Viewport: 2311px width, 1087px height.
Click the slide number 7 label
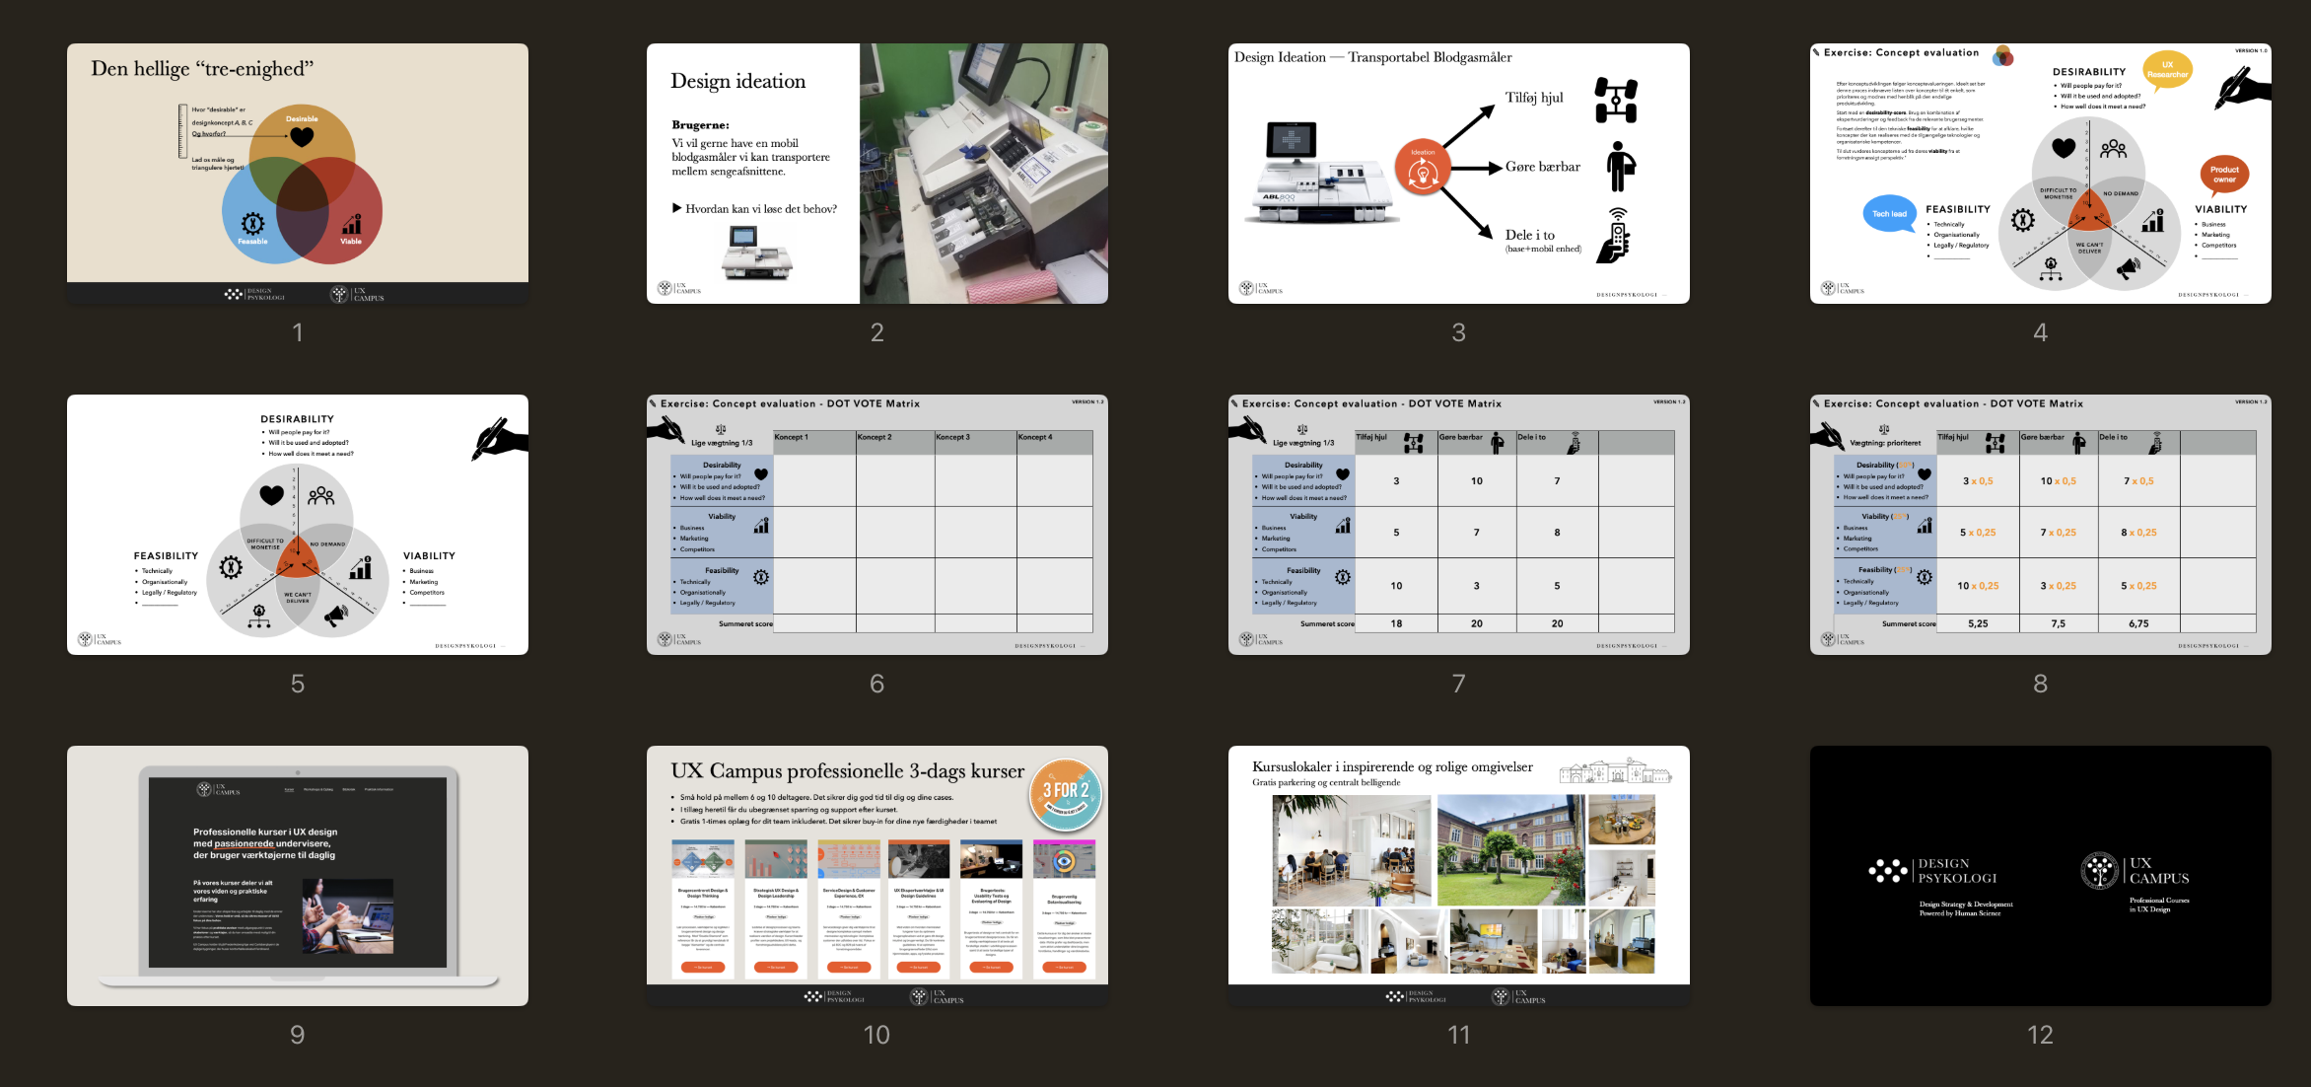click(x=1458, y=684)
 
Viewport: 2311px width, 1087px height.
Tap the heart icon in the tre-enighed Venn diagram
click(x=302, y=137)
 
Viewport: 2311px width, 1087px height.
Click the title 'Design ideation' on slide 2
click(x=737, y=81)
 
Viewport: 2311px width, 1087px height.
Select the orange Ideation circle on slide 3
click(x=1422, y=167)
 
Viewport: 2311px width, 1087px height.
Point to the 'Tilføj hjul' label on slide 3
click(x=1533, y=98)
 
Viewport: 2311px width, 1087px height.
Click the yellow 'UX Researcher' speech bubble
click(x=2166, y=70)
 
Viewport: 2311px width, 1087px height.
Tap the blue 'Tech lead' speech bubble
click(x=1889, y=213)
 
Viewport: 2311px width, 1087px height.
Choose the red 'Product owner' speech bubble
click(x=2223, y=175)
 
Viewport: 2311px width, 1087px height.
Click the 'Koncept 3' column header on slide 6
click(x=952, y=437)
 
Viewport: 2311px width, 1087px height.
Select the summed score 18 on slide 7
click(x=1396, y=623)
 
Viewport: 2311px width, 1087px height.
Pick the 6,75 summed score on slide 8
click(x=2137, y=623)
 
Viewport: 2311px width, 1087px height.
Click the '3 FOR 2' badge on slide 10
click(x=1065, y=793)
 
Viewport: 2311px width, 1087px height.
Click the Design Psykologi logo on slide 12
click(x=1931, y=871)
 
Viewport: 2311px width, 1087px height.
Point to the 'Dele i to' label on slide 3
click(x=1530, y=235)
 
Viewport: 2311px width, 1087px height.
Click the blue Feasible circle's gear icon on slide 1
click(x=252, y=223)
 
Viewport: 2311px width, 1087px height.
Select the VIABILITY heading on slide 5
click(x=429, y=556)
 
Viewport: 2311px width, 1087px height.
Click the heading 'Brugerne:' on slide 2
click(x=700, y=125)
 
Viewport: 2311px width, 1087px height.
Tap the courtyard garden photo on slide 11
click(x=1510, y=850)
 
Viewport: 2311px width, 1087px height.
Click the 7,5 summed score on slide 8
click(x=2058, y=623)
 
